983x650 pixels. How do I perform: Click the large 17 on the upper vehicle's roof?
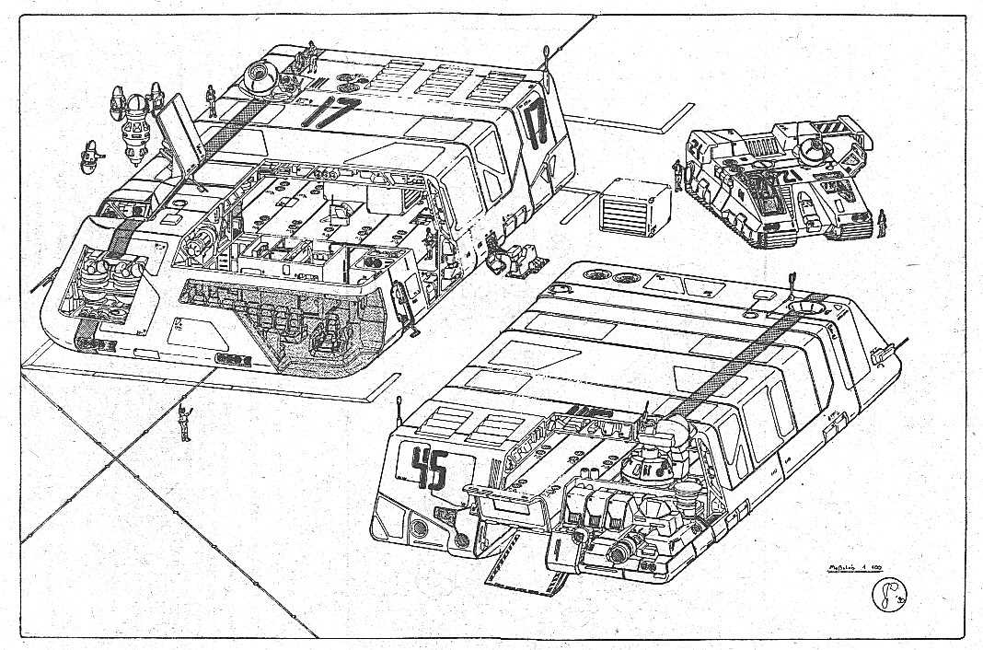click(x=330, y=114)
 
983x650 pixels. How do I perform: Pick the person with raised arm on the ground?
click(x=185, y=422)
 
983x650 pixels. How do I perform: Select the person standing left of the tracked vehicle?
click(x=679, y=175)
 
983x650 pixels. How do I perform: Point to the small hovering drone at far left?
click(x=91, y=157)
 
